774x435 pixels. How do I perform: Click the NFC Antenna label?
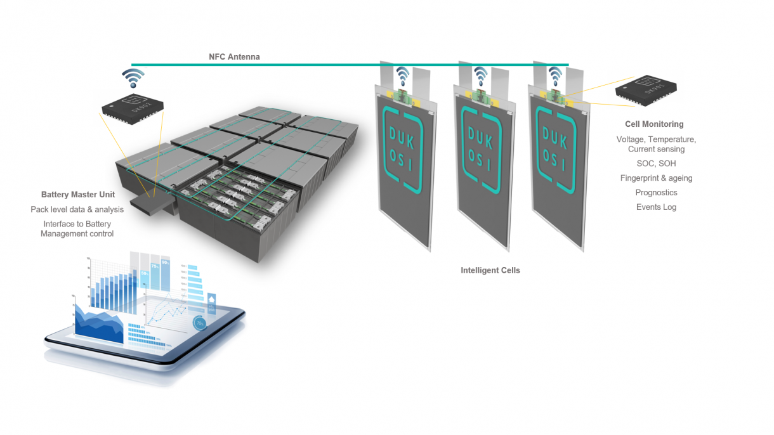pyautogui.click(x=234, y=57)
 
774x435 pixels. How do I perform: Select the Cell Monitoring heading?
pyautogui.click(x=654, y=124)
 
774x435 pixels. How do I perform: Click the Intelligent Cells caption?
pyautogui.click(x=490, y=270)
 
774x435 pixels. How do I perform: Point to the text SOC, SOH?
pyautogui.click(x=656, y=164)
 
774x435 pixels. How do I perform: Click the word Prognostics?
pyautogui.click(x=656, y=193)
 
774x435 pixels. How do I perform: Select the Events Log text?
pyautogui.click(x=656, y=207)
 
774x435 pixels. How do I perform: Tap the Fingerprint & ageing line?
pyautogui.click(x=656, y=178)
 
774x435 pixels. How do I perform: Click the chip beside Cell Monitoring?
pyautogui.click(x=646, y=89)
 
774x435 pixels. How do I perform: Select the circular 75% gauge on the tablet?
pyautogui.click(x=200, y=323)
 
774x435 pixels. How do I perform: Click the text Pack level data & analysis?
pyautogui.click(x=77, y=209)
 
